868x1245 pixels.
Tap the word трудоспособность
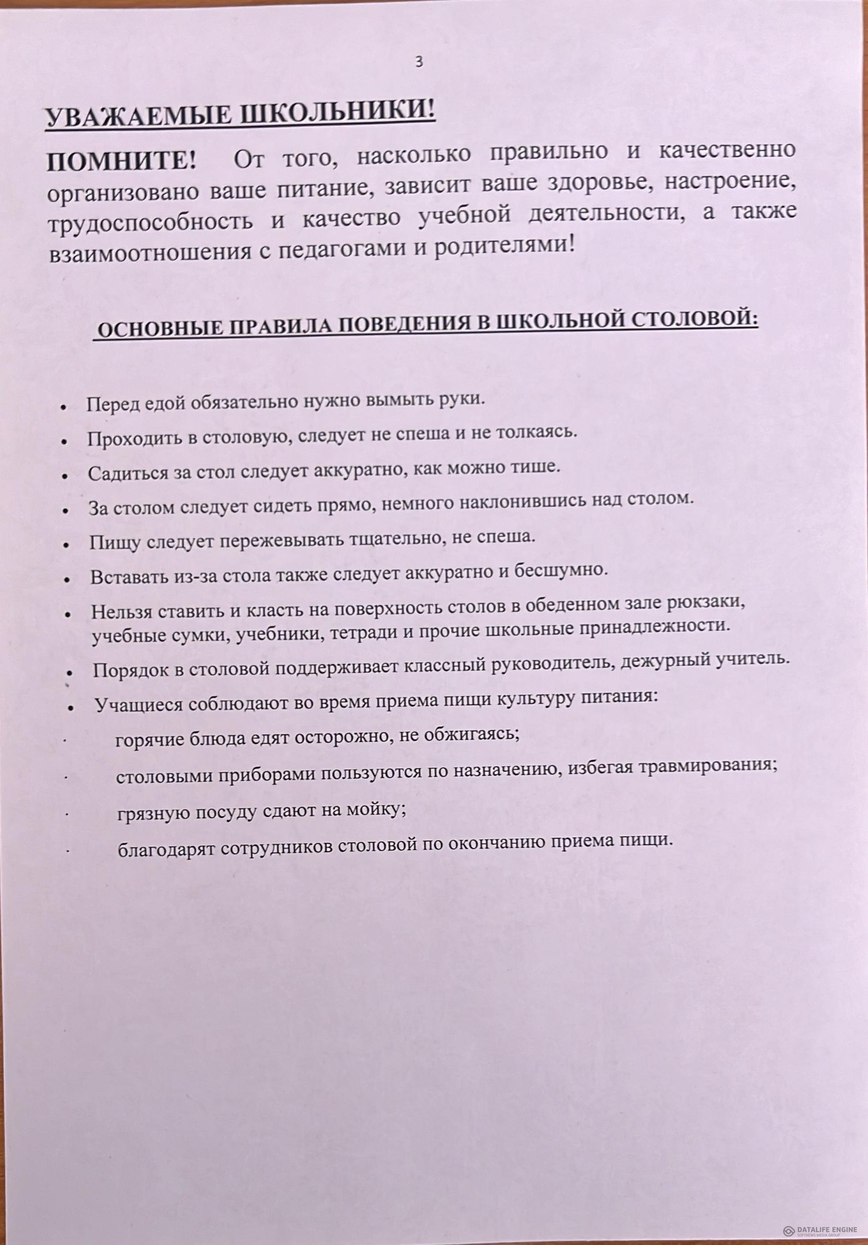click(151, 222)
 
